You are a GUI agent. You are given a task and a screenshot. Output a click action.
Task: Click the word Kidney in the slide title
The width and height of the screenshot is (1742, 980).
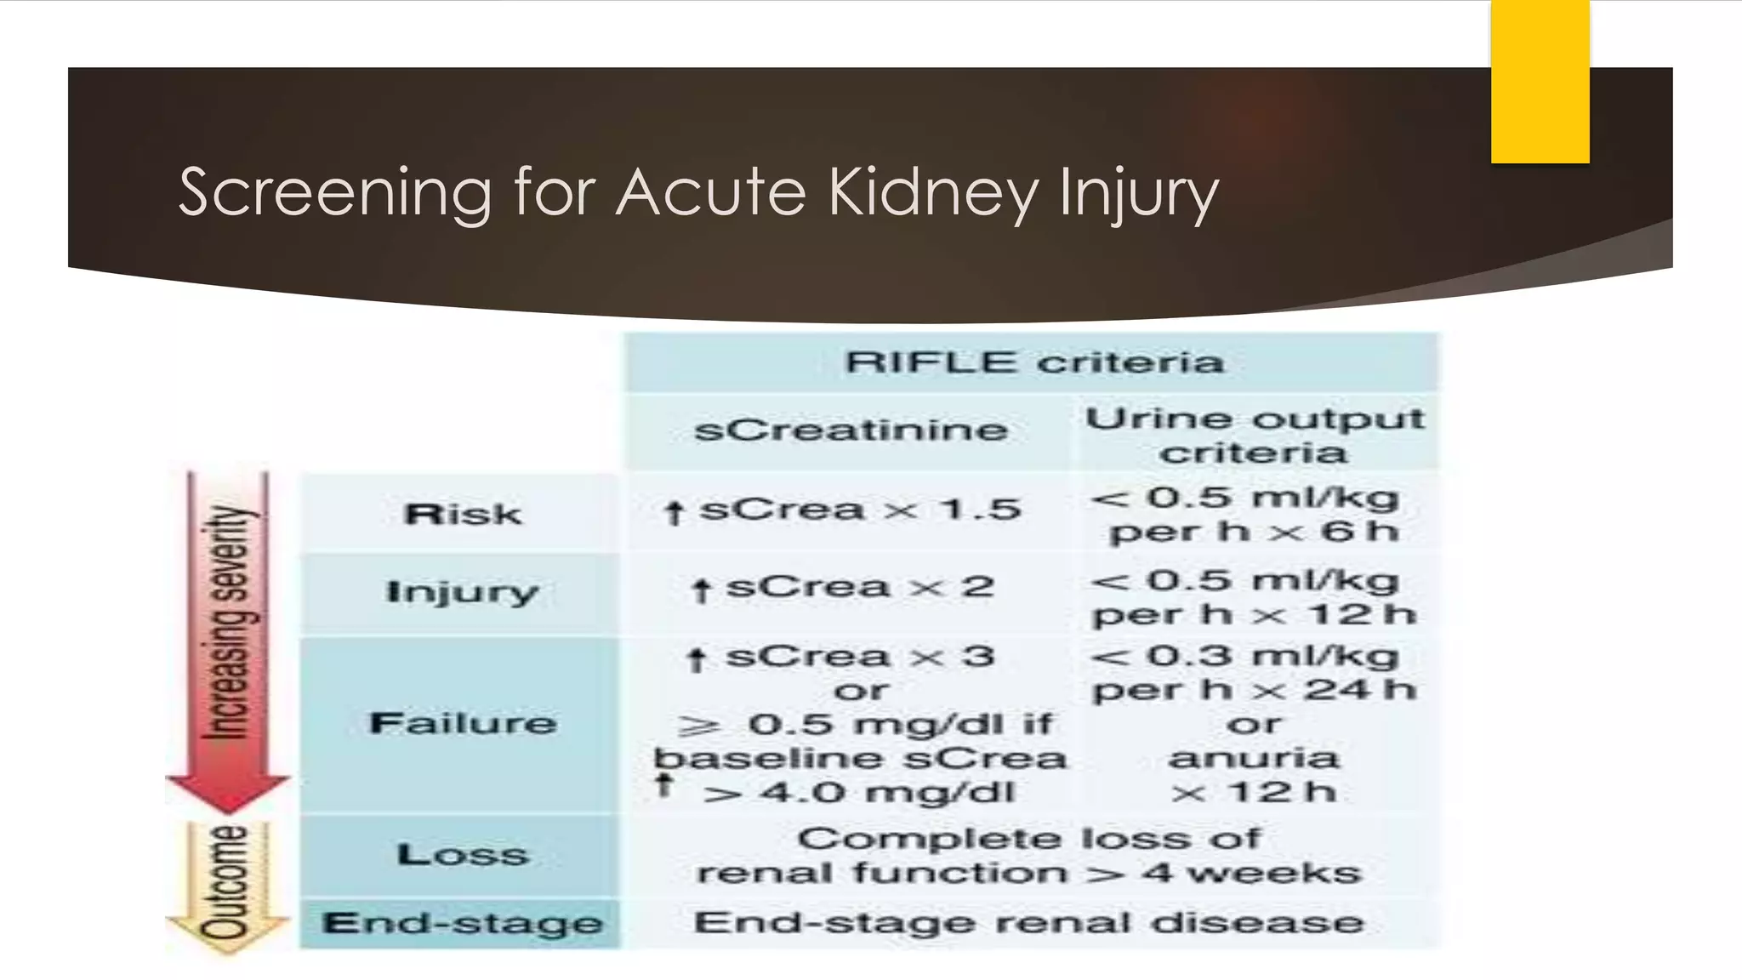click(x=933, y=193)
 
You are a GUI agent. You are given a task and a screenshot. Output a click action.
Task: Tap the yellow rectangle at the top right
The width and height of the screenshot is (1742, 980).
click(x=1540, y=82)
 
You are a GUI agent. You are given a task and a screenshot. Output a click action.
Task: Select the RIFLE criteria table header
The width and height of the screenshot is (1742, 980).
click(x=1033, y=362)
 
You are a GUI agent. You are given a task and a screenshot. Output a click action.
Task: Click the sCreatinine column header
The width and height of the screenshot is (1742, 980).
click(x=850, y=430)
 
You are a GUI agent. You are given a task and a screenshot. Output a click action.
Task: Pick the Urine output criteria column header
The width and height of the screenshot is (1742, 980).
click(x=1254, y=435)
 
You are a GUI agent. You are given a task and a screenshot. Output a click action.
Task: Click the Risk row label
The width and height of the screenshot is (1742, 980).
click(x=462, y=514)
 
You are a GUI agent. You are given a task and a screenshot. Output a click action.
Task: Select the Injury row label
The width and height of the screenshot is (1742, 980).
click(x=462, y=591)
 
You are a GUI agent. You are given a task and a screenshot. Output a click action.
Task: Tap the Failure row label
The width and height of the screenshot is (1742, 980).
click(x=462, y=723)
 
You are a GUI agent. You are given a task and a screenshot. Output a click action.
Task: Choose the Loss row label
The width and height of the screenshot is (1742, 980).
click(x=462, y=854)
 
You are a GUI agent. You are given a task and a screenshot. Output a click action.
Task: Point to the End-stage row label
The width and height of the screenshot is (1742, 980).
click(x=462, y=923)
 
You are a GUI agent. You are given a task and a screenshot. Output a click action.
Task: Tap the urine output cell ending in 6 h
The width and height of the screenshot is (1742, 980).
click(x=1254, y=514)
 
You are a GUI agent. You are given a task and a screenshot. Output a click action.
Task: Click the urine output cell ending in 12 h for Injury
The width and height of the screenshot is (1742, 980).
click(x=1254, y=596)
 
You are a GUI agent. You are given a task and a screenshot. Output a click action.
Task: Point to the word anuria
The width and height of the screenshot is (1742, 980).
click(x=1254, y=757)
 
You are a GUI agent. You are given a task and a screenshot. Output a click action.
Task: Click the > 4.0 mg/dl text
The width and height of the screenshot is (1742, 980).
click(x=859, y=793)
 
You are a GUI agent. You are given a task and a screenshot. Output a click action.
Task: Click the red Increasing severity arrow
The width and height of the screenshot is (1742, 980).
click(x=227, y=638)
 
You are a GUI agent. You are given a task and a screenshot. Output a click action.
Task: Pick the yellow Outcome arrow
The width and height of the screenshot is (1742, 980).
click(x=227, y=885)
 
